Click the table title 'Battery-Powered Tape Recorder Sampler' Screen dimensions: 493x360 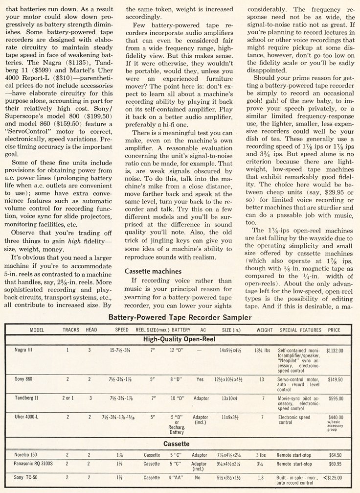tap(180, 317)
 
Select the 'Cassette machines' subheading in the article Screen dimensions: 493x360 tap(153, 271)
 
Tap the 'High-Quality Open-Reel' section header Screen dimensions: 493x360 tap(180, 339)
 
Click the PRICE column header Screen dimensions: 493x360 tap(334, 330)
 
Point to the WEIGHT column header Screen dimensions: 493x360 tap(264, 330)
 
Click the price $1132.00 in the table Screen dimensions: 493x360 tap(334, 351)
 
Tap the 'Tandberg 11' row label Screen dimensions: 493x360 tap(27, 398)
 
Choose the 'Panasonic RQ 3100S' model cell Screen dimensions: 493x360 tap(34, 464)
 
